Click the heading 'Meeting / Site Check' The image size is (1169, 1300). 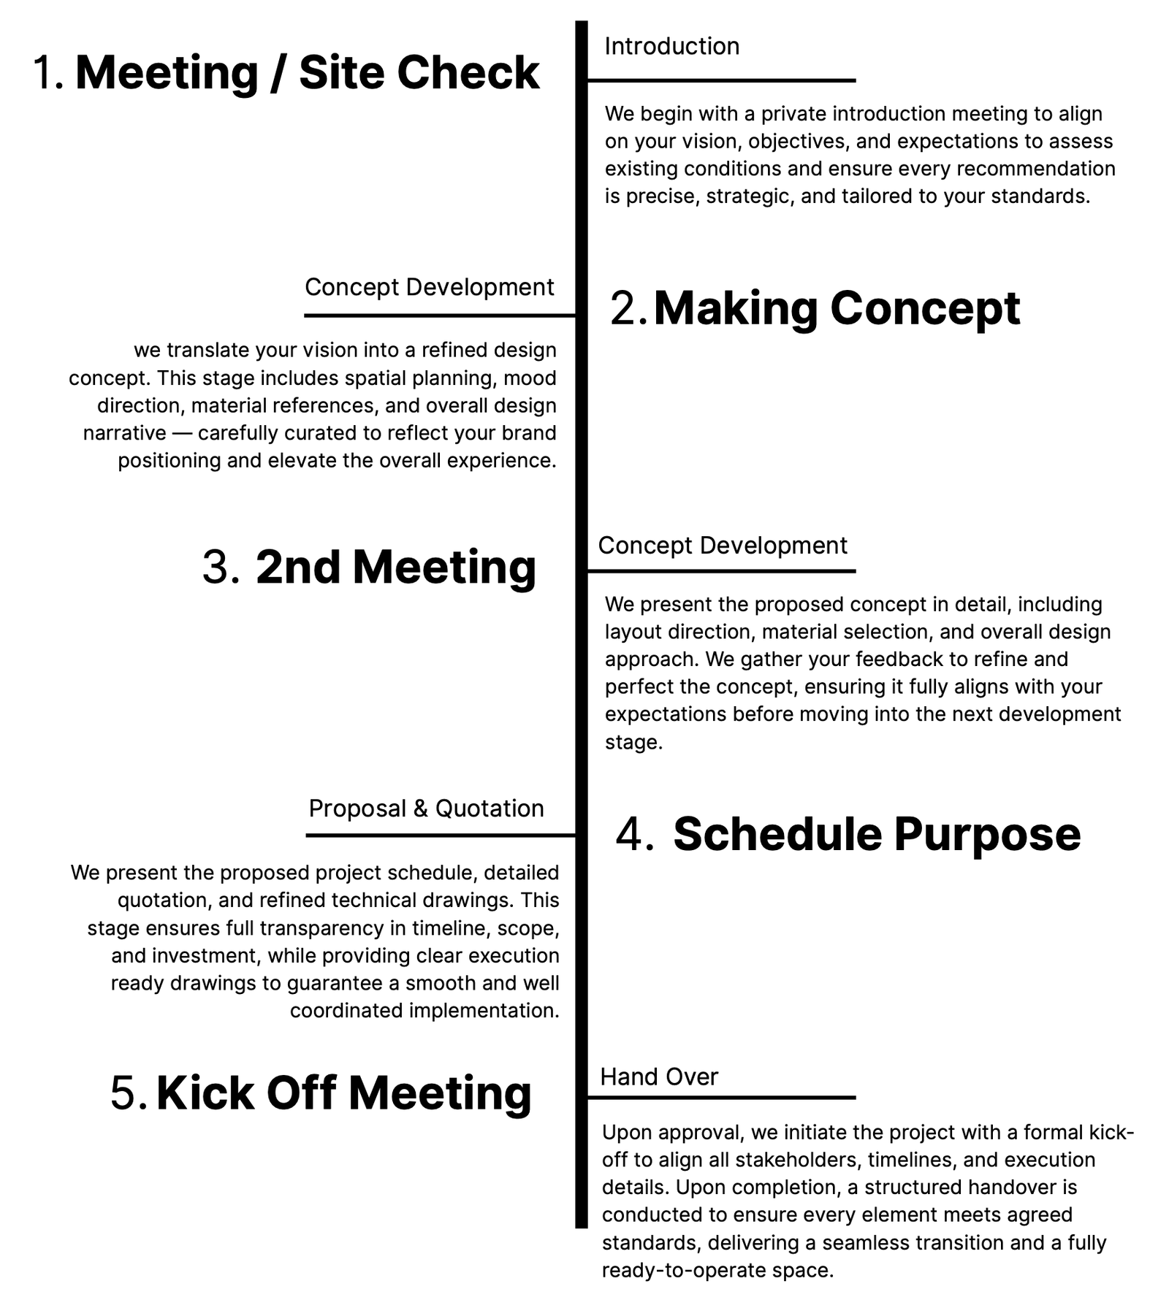[x=307, y=73]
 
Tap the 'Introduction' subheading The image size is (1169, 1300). [x=671, y=47]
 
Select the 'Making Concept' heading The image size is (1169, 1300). [x=836, y=308]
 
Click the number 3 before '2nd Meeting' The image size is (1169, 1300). [x=220, y=567]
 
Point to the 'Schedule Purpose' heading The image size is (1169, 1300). [x=876, y=834]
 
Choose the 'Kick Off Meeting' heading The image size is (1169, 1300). [x=343, y=1093]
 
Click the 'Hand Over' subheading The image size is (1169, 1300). [x=659, y=1077]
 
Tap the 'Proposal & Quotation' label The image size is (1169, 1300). [x=426, y=808]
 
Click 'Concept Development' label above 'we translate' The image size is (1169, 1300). [x=429, y=287]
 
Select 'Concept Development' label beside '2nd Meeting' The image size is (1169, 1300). [x=722, y=546]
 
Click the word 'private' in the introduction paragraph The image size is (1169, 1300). [x=794, y=114]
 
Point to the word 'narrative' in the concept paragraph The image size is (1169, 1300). [x=125, y=433]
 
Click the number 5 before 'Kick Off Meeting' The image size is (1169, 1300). [x=129, y=1093]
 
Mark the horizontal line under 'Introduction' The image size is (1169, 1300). [x=721, y=80]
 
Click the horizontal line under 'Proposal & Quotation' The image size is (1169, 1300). [x=441, y=835]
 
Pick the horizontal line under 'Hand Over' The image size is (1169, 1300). [x=721, y=1097]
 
